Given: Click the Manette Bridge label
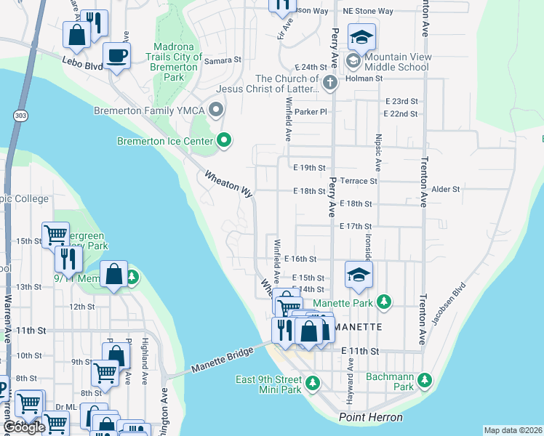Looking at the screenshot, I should [222, 358].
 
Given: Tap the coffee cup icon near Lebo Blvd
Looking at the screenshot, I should [116, 55].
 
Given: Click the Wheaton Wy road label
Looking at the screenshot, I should [228, 185].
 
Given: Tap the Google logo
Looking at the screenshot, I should [23, 427].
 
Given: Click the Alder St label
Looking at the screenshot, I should [446, 189].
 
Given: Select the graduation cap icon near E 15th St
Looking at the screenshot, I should [359, 275].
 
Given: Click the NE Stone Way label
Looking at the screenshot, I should [367, 12].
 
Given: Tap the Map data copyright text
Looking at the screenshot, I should [513, 430].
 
